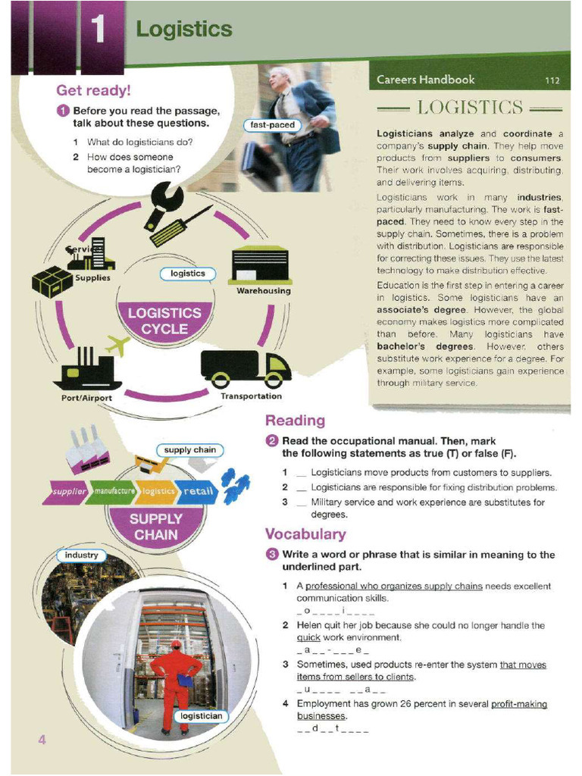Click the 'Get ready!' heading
click(x=94, y=90)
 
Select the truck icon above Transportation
click(x=245, y=369)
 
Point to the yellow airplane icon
click(x=117, y=346)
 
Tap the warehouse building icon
click(x=260, y=264)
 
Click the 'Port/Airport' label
click(x=86, y=399)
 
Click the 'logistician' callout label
click(x=202, y=716)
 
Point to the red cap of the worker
click(x=176, y=643)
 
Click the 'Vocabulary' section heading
click(x=305, y=534)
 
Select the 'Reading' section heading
click(x=295, y=421)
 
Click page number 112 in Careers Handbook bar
click(x=552, y=80)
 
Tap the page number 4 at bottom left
click(x=42, y=740)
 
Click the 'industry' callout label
click(x=81, y=555)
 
